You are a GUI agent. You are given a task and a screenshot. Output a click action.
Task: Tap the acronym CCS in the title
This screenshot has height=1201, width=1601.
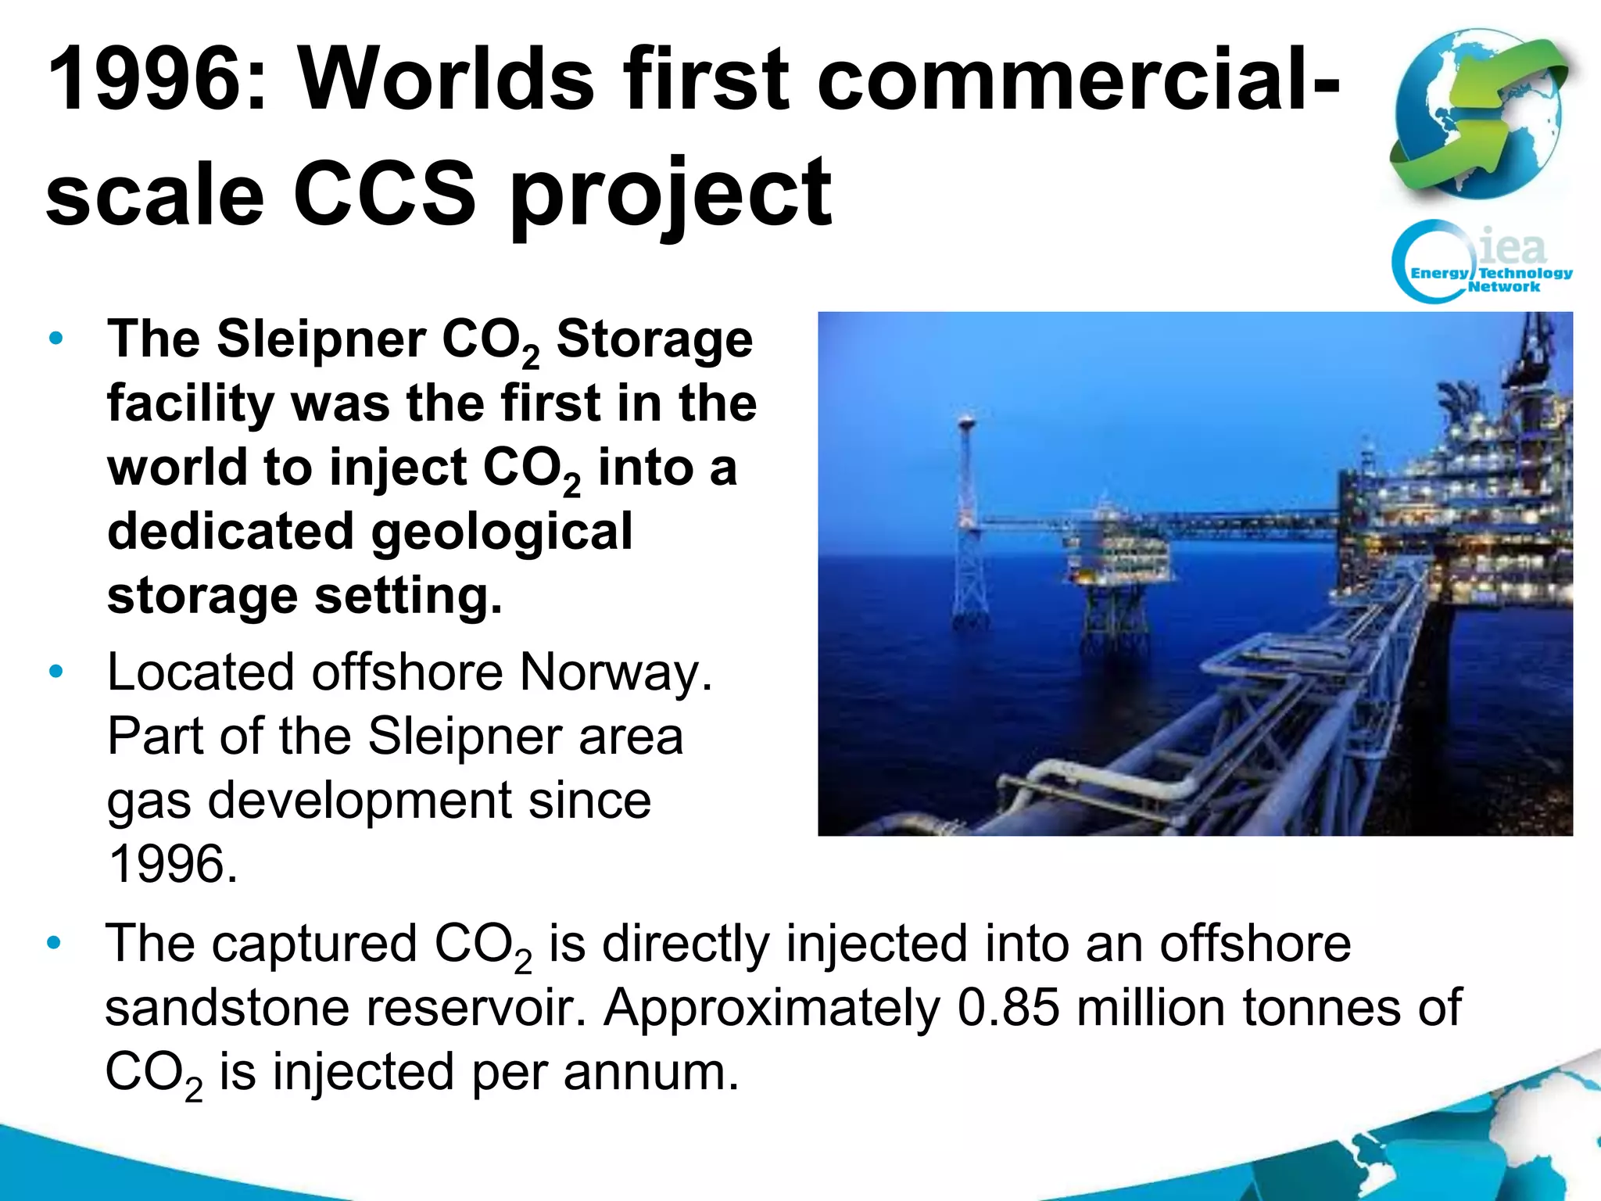click(384, 193)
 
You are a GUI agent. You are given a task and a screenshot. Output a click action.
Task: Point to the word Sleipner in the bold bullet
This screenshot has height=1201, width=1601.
click(321, 339)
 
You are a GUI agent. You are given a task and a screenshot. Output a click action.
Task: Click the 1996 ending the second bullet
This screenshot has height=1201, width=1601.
click(172, 865)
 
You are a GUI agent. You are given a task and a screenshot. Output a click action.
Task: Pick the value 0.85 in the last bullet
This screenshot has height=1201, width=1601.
click(1008, 1008)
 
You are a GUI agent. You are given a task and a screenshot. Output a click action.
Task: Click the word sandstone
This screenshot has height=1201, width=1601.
click(227, 1008)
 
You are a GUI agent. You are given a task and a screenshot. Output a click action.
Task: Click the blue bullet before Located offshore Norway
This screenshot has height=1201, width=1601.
click(55, 672)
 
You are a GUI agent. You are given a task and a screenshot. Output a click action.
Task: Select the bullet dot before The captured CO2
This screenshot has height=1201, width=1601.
click(54, 943)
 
